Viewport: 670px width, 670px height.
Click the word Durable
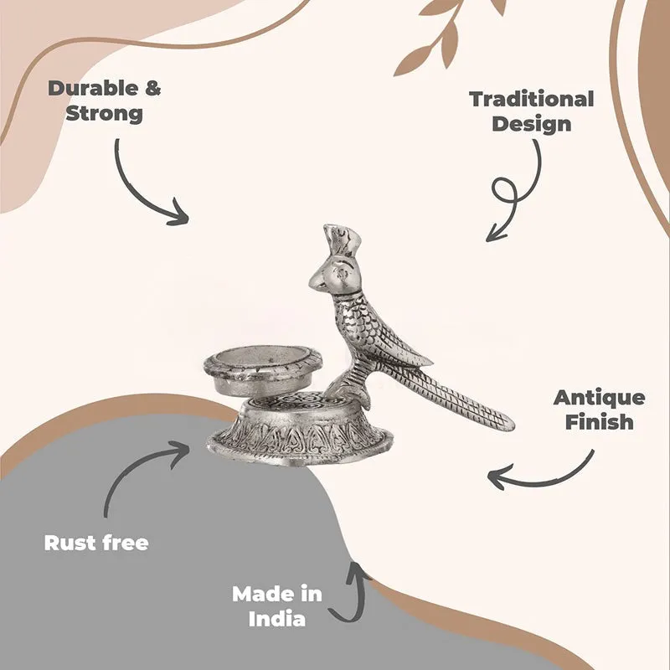[x=93, y=89]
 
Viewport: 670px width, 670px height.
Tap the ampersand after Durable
[x=152, y=89]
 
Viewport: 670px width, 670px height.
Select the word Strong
[x=104, y=114]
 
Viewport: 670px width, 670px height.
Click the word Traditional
[x=532, y=99]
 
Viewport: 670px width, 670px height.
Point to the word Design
[x=532, y=124]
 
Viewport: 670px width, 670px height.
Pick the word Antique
[x=599, y=398]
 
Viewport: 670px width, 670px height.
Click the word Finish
[x=599, y=422]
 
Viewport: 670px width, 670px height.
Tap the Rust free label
[x=96, y=543]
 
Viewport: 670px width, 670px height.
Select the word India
[x=277, y=619]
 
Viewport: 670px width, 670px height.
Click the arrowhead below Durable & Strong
[x=178, y=213]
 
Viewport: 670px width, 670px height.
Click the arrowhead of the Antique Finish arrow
[x=496, y=476]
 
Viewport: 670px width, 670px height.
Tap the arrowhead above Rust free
[x=179, y=451]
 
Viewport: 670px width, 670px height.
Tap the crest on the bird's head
[x=342, y=240]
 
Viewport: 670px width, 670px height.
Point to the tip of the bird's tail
[x=512, y=425]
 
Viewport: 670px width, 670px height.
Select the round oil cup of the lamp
[x=262, y=369]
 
